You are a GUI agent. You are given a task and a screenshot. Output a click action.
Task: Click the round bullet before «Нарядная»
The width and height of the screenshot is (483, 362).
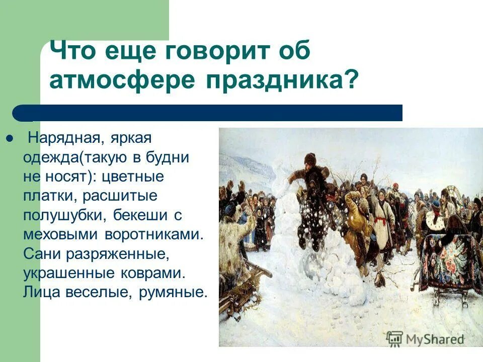tap(9, 138)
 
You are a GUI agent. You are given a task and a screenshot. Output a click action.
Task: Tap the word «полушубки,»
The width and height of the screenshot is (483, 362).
tap(60, 215)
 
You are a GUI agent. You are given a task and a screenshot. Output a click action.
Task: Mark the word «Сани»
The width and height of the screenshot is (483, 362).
tap(41, 254)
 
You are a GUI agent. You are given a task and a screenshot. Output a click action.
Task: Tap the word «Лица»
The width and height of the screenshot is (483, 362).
tap(41, 293)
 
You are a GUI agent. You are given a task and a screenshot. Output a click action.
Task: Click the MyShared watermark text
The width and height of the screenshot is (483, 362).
tap(434, 338)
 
